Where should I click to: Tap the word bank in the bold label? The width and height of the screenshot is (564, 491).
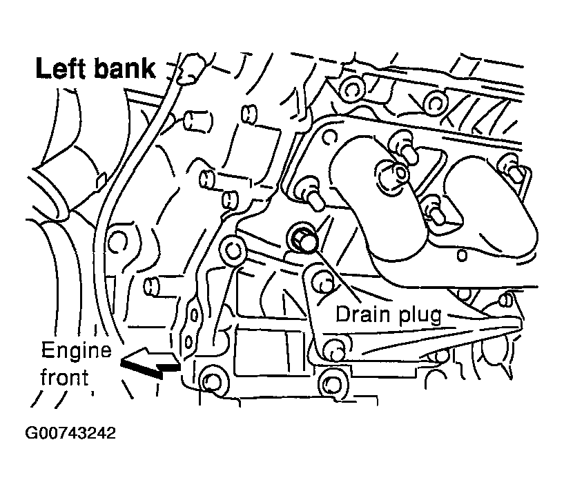pyautogui.click(x=128, y=70)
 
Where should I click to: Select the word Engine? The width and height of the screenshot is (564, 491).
pyautogui.click(x=76, y=351)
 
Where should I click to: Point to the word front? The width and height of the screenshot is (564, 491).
pyautogui.click(x=64, y=377)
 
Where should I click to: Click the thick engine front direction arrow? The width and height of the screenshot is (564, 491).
pyautogui.click(x=149, y=361)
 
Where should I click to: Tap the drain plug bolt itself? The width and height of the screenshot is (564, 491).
pyautogui.click(x=304, y=239)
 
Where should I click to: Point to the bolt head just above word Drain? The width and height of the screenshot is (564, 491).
pyautogui.click(x=320, y=281)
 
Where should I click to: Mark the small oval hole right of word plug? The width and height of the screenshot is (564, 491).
pyautogui.click(x=505, y=299)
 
